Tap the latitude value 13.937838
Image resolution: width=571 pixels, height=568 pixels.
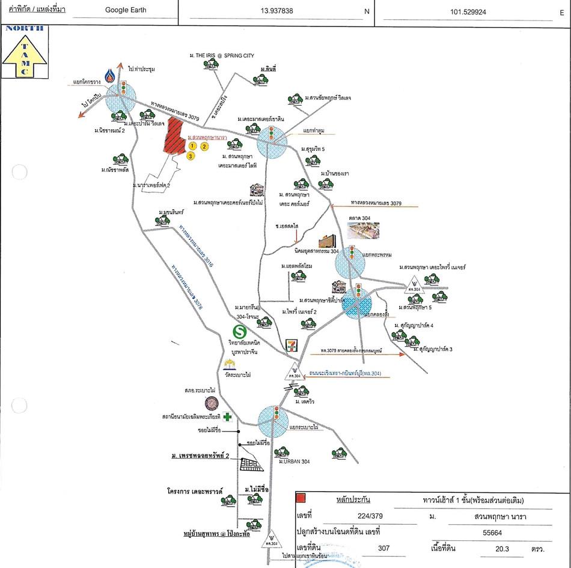[x=276, y=10]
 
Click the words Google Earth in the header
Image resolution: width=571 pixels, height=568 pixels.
[x=125, y=10]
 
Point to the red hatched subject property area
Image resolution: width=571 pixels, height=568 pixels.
[x=174, y=136]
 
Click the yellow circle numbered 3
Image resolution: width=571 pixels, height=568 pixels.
[x=191, y=156]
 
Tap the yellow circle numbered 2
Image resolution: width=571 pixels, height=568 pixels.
[x=204, y=146]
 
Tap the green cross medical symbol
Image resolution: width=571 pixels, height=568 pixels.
[x=227, y=416]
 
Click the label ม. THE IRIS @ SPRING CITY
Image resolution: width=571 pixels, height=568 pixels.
[x=222, y=55]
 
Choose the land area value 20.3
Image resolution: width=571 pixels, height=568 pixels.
[x=498, y=548]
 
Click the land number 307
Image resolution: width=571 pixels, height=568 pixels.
[x=383, y=548]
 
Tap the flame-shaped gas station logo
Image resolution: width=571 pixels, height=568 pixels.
[x=110, y=76]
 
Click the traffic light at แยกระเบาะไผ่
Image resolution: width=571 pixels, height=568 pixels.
[x=275, y=415]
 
